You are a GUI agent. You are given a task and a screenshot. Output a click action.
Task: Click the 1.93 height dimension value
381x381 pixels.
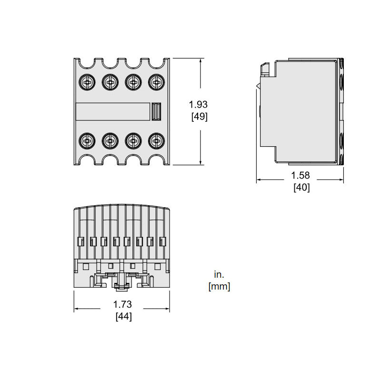pos(198,104)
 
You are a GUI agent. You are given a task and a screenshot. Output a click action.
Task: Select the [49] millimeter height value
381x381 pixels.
pos(198,116)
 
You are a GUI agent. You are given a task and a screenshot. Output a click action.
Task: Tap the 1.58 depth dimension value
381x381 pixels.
pos(301,176)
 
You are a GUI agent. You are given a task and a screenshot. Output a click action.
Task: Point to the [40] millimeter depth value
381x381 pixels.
pos(301,188)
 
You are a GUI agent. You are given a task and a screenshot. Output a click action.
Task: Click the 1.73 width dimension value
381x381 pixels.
pos(122,304)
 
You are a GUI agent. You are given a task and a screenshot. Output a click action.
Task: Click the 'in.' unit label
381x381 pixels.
pos(219,274)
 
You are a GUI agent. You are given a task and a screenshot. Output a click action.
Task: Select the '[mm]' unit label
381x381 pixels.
pos(219,287)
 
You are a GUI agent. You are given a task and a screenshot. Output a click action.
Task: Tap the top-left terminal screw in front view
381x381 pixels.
pos(87,82)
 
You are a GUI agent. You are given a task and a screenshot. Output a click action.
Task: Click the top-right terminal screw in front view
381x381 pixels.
pos(155,82)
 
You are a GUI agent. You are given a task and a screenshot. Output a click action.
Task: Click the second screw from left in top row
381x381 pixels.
pos(110,82)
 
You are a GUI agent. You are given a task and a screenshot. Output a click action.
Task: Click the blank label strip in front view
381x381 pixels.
pos(112,112)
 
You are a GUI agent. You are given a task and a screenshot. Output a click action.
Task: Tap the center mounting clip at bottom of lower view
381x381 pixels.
pos(121,285)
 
